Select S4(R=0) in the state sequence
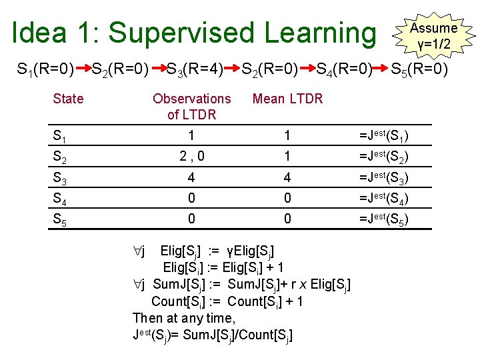(x=344, y=68)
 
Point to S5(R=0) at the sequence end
(x=419, y=68)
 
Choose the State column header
(x=68, y=99)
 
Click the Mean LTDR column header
(x=287, y=99)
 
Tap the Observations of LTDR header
(x=191, y=107)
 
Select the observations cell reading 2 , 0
(x=191, y=157)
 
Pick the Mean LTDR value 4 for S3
(x=287, y=178)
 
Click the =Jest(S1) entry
(x=384, y=137)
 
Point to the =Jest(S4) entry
(x=384, y=198)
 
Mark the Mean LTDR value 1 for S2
(x=287, y=157)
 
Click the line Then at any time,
(x=184, y=318)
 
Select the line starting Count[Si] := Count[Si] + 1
(x=227, y=301)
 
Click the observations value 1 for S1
(x=191, y=137)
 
